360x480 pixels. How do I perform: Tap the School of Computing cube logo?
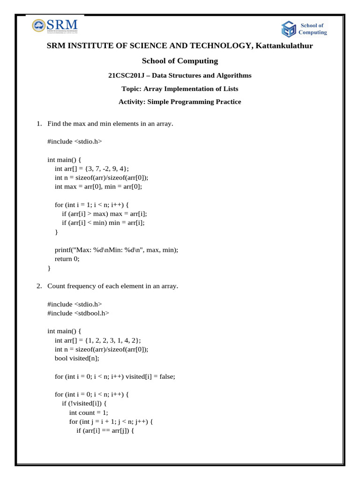click(288, 29)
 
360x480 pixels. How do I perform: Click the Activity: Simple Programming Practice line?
click(180, 102)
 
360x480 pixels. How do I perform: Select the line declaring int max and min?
click(98, 187)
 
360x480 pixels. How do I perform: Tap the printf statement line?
click(117, 250)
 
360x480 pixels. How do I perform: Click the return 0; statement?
click(67, 259)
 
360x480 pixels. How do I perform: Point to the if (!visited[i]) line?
click(87, 404)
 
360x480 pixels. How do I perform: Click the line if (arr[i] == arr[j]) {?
click(105, 431)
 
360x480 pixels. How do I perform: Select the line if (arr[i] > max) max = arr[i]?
click(107, 214)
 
